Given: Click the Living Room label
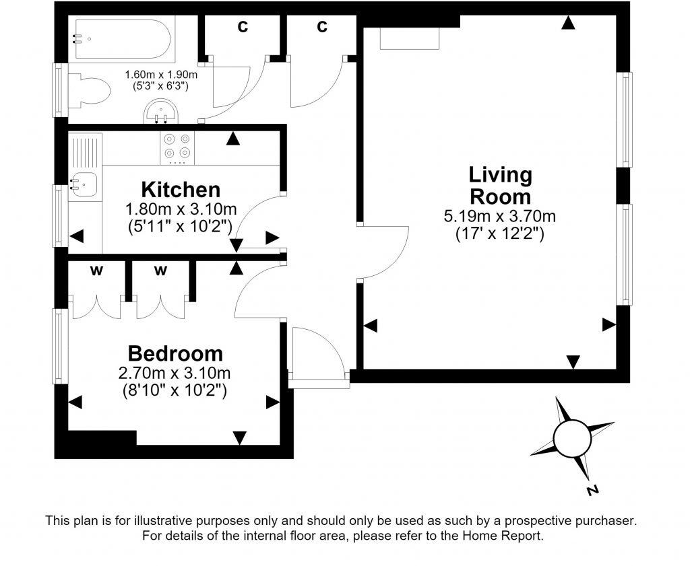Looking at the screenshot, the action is tap(501, 186).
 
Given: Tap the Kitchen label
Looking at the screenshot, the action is tap(181, 190).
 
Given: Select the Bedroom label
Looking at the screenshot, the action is tap(175, 354).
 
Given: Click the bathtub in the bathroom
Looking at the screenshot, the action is tap(121, 39).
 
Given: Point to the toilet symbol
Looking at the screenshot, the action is tap(89, 91).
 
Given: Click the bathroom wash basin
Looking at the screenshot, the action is tap(161, 111).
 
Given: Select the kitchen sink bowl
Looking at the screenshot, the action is tap(85, 184).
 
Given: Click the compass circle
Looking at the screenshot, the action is tap(572, 439).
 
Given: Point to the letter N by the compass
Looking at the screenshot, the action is tap(593, 490).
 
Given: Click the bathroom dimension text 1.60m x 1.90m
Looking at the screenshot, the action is tap(161, 75).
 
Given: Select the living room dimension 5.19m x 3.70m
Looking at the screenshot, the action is tap(500, 217).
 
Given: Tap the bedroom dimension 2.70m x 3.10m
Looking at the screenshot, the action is tap(175, 374).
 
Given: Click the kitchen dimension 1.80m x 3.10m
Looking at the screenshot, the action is tap(181, 209).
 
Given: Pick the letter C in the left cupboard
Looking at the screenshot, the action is tap(243, 27).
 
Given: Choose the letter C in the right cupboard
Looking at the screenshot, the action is tap(322, 27).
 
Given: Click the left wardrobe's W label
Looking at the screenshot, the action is tap(96, 271).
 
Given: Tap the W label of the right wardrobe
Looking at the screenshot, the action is tap(160, 271).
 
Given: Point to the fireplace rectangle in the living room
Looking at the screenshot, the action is tap(410, 38).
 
